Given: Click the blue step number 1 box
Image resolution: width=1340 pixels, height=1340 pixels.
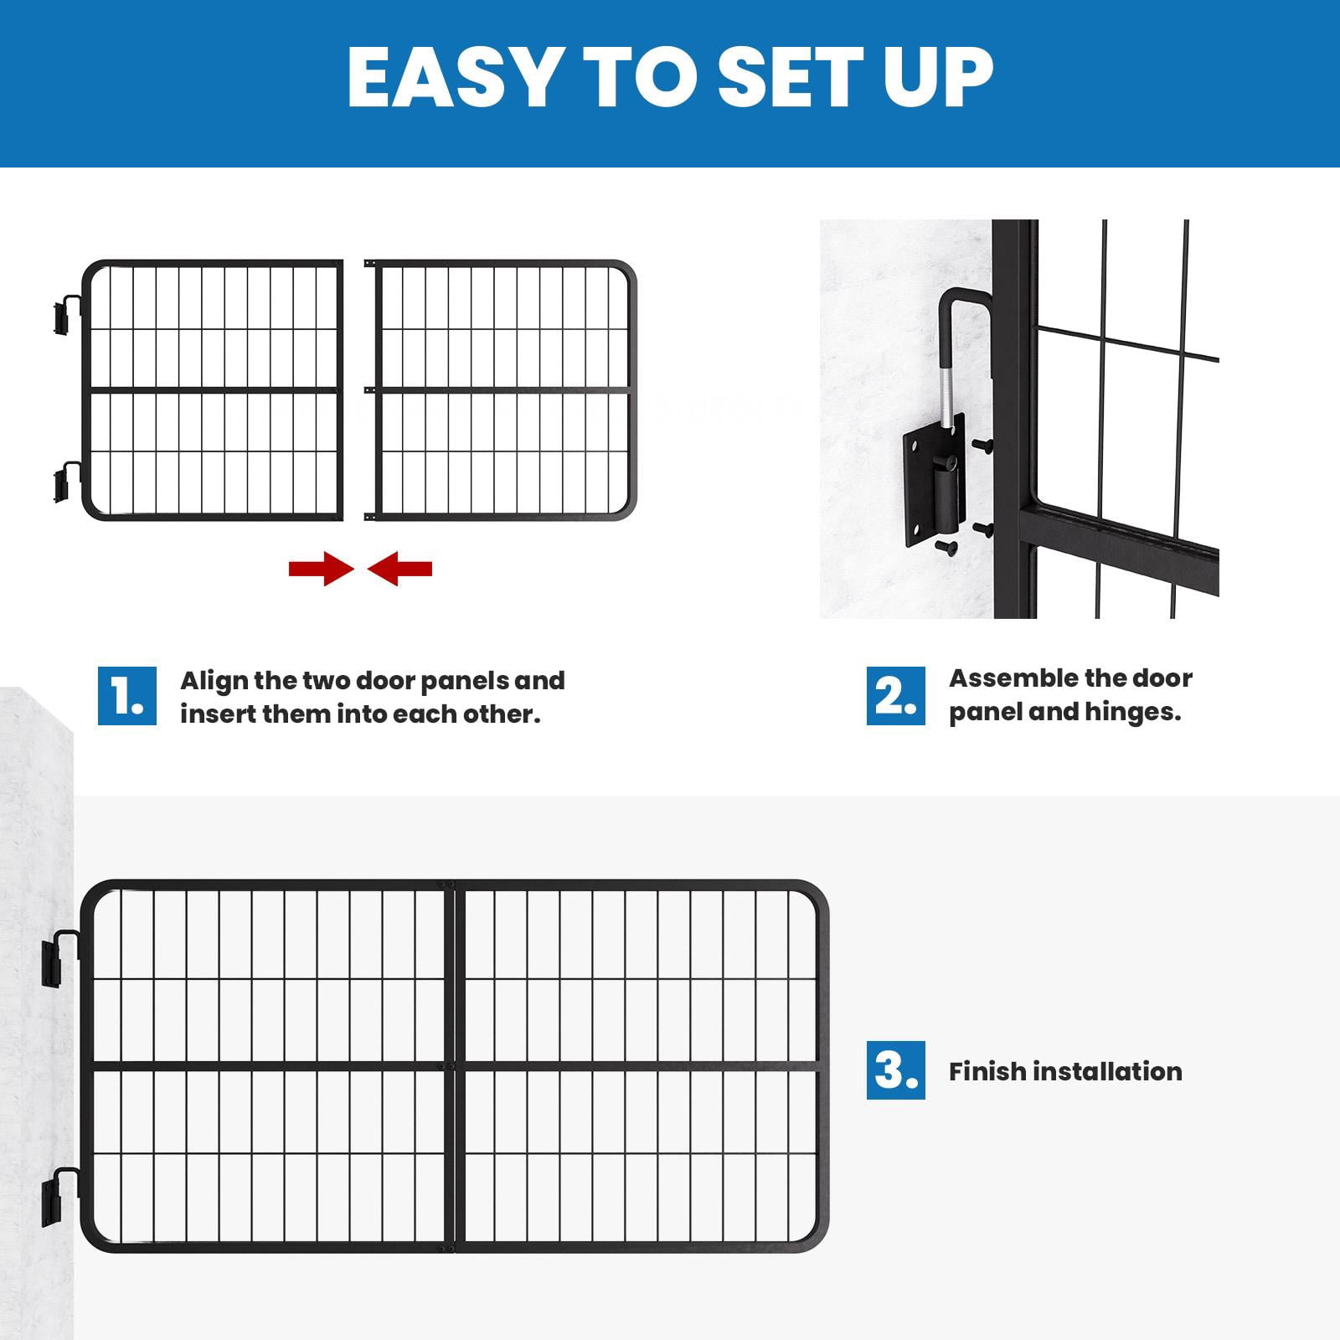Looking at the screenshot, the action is click(127, 696).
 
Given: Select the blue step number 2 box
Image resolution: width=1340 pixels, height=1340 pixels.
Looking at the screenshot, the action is click(896, 696).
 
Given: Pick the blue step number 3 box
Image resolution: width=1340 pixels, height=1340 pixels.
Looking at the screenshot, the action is click(896, 1070).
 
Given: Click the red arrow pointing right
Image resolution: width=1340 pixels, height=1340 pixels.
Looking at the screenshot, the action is click(321, 569).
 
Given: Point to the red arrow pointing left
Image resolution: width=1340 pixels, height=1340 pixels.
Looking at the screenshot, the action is click(399, 569).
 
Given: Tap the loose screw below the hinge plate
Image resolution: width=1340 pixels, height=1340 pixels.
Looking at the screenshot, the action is click(946, 548).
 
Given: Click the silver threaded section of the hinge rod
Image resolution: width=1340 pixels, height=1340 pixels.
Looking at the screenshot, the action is click(945, 398).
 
